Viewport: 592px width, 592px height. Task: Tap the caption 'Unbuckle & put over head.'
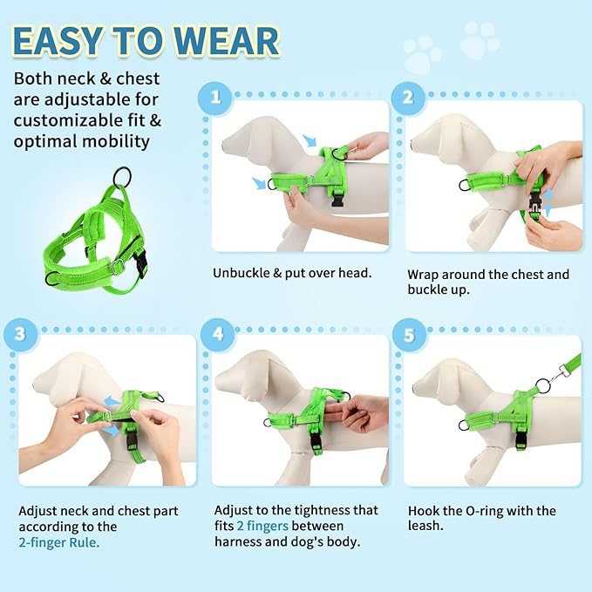292,273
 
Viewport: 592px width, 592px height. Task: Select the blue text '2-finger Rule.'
58,542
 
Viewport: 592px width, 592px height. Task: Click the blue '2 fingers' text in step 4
265,527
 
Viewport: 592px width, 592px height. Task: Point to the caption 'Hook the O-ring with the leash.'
481,519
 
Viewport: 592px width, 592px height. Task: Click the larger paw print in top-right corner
480,40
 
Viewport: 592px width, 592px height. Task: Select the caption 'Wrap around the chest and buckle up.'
488,282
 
